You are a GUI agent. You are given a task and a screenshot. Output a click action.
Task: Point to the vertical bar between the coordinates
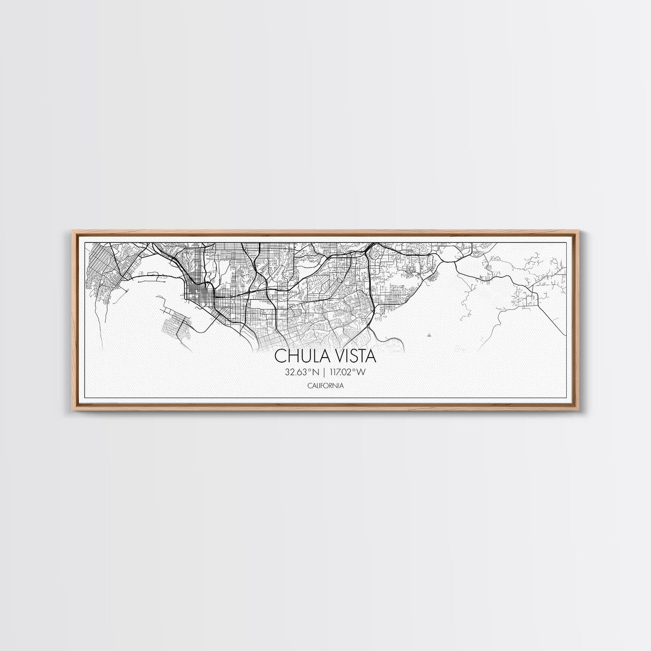point(324,372)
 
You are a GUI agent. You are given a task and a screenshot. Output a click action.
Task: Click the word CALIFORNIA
point(325,386)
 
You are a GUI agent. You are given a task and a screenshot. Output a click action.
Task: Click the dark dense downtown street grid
point(195,290)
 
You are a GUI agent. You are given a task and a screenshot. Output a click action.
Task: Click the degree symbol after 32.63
point(309,369)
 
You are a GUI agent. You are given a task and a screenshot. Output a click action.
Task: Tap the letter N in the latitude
point(315,372)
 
